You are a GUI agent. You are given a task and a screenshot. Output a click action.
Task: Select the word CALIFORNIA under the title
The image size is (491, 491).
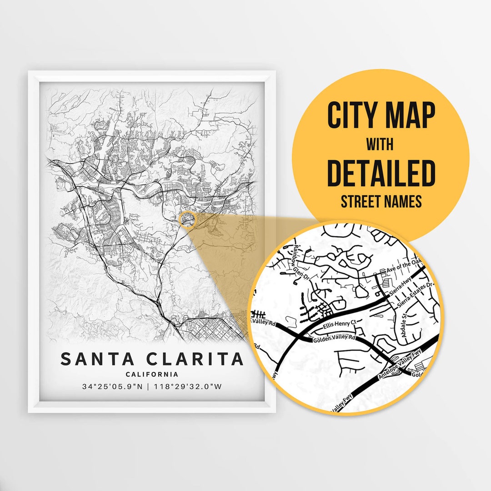[152, 375]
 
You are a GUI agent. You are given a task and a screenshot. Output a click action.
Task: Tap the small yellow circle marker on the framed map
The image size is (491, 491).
[187, 219]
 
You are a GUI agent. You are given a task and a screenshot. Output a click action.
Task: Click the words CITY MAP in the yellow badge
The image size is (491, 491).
[381, 115]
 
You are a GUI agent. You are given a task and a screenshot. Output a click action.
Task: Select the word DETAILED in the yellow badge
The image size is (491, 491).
[381, 173]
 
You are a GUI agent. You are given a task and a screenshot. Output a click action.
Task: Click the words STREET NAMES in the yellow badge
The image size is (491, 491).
[381, 201]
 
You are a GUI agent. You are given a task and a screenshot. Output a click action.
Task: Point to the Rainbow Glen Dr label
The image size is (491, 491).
[301, 262]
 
